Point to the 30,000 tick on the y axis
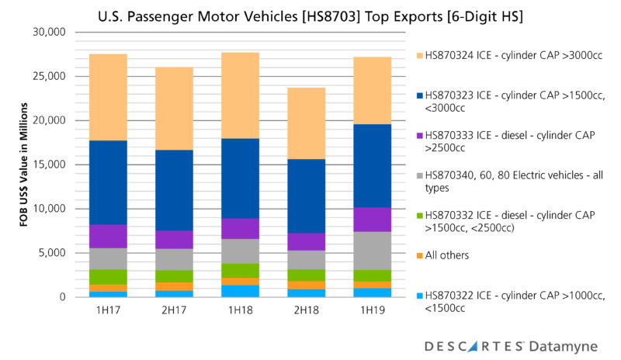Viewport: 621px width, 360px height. tap(50, 33)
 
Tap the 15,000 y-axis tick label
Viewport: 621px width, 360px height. tap(50, 164)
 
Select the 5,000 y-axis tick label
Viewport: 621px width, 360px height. tap(53, 253)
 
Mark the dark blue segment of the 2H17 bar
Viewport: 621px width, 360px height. tap(174, 190)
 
